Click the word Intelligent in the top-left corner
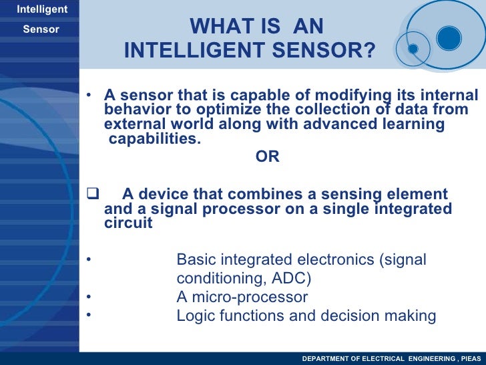[41, 9]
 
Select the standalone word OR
[267, 157]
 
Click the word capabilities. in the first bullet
[154, 139]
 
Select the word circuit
[129, 223]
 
